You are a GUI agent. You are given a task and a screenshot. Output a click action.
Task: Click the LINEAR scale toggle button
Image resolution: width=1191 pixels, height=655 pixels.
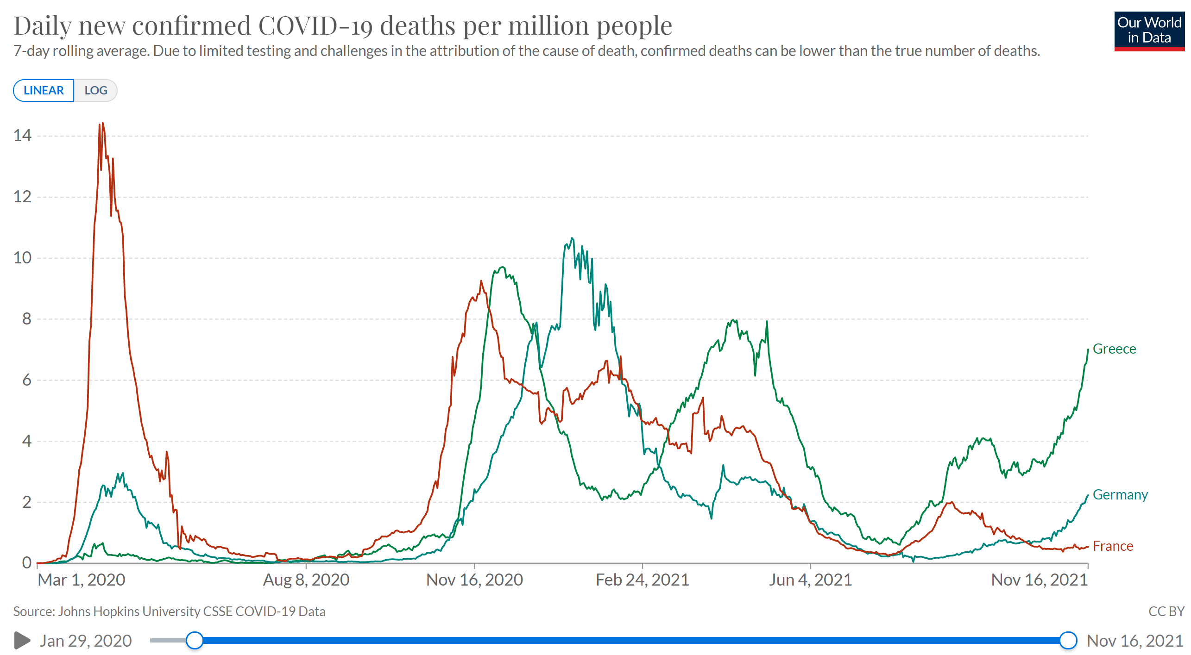click(x=44, y=90)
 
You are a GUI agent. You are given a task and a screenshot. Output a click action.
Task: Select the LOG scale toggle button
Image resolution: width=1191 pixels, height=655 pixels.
click(x=96, y=90)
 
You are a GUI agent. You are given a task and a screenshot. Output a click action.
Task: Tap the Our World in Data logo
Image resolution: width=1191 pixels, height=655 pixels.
click(x=1149, y=31)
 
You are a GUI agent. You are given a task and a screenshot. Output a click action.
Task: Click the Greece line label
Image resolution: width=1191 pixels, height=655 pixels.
click(x=1114, y=349)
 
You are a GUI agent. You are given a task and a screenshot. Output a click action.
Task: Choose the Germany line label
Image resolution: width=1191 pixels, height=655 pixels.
click(x=1120, y=495)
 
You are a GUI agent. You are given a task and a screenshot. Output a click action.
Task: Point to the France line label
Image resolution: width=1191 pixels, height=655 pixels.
click(x=1113, y=546)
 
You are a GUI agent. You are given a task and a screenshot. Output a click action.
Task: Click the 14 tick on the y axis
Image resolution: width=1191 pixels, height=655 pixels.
click(x=22, y=136)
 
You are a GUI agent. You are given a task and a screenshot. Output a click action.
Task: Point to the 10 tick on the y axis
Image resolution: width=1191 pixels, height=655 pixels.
click(x=22, y=258)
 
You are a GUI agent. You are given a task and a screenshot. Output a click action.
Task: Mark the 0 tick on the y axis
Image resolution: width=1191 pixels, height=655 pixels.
click(x=26, y=563)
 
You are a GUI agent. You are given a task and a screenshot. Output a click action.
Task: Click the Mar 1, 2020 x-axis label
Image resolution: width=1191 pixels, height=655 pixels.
click(x=82, y=580)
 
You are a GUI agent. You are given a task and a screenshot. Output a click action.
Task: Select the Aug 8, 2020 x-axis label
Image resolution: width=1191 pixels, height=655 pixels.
click(x=306, y=580)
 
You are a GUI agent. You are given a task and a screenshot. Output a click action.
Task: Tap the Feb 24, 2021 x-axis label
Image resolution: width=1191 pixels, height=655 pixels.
click(x=642, y=580)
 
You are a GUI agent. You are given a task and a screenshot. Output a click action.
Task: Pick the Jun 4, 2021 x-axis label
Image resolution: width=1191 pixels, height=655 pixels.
click(x=810, y=580)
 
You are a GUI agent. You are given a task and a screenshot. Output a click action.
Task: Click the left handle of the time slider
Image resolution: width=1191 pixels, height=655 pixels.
click(x=195, y=641)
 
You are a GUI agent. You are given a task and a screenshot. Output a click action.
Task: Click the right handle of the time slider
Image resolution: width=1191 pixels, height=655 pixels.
click(x=1068, y=641)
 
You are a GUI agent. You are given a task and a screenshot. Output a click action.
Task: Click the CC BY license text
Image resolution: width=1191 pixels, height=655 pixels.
click(x=1166, y=611)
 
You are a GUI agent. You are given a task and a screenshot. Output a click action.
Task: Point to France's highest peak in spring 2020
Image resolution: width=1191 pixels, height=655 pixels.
click(x=102, y=124)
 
